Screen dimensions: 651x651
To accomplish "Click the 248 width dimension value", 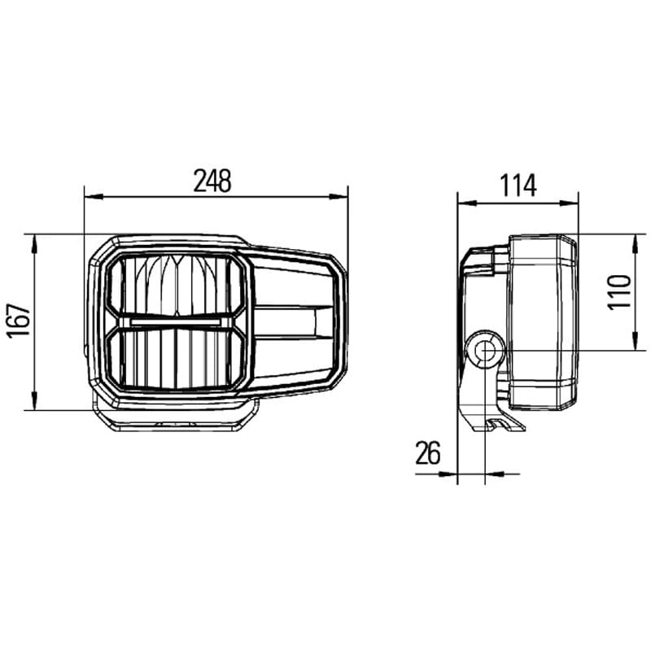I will (x=213, y=181).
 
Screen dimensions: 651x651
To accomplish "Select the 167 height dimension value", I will (x=23, y=322).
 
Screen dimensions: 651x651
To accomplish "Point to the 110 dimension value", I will (x=621, y=291).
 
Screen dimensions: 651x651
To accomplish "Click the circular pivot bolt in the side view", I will (x=486, y=351).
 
